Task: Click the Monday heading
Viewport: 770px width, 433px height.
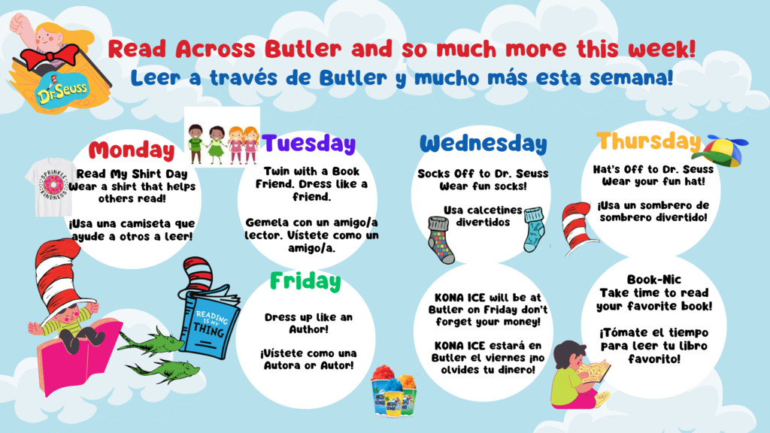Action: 131,150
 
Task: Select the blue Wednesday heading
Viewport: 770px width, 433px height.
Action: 483,143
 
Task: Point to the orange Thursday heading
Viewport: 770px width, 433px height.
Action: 648,141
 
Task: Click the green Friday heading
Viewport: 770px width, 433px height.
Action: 305,281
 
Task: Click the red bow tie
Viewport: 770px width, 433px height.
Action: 50,56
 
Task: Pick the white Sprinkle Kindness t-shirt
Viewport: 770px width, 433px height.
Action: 53,188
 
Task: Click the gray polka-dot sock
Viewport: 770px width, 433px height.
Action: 441,238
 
